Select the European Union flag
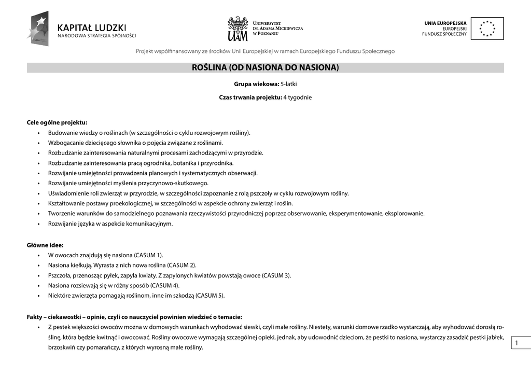coord(487,29)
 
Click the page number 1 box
coord(517,343)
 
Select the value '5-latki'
coord(288,84)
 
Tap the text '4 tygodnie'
coord(297,98)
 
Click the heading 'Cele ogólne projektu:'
coord(57,123)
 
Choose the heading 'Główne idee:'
coord(45,245)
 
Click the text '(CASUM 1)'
coord(148,255)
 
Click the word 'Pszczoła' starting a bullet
coord(59,275)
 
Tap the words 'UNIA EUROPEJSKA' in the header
coord(445,23)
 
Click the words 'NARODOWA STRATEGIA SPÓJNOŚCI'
coord(96,36)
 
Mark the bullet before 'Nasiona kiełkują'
coord(39,266)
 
